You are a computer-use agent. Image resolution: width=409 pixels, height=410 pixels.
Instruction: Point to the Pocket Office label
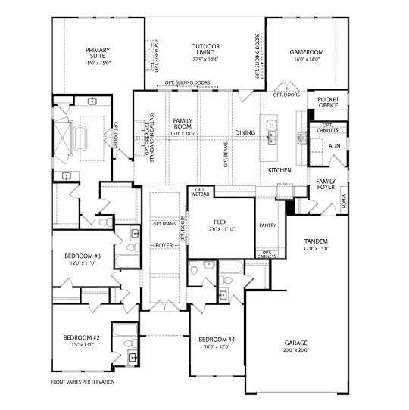[328, 104]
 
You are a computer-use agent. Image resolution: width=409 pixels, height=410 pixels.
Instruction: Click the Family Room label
[183, 126]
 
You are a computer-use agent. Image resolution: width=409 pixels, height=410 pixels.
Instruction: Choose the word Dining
[245, 133]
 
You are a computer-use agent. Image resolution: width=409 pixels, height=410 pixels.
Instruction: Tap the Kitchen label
[279, 170]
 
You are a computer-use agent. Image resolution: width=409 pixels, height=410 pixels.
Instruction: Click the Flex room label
[221, 225]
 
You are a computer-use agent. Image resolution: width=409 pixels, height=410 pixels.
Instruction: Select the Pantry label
[267, 225]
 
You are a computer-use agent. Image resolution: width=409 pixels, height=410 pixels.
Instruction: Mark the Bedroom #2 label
[81, 340]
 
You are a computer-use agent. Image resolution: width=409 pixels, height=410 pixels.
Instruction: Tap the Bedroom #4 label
[217, 343]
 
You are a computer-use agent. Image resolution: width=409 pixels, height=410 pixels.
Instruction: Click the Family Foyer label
[326, 185]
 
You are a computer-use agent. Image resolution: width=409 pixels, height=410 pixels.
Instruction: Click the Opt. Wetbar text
[200, 192]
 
